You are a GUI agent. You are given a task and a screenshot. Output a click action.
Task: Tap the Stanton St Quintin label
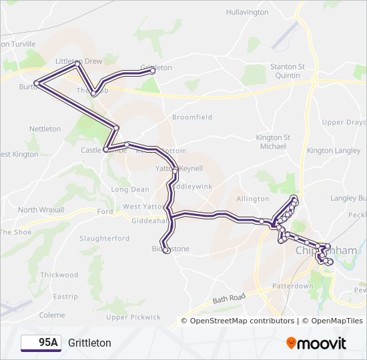287,71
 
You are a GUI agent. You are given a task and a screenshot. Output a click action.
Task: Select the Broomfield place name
192,117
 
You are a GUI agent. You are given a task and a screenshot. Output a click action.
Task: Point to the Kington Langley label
334,151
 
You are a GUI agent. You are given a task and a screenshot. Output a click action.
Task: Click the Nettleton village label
45,129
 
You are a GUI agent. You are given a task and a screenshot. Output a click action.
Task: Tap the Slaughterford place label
104,238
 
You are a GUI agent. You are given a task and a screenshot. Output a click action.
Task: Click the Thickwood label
59,275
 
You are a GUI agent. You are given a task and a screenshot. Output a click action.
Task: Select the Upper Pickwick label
133,317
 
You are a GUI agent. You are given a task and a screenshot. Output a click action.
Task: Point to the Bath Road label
230,301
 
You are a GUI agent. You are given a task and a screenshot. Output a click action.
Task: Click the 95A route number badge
41,343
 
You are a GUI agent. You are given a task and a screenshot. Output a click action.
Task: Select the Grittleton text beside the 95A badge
89,343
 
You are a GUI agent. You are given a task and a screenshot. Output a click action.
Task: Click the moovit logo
316,343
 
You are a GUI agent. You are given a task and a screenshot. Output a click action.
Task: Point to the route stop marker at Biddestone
165,242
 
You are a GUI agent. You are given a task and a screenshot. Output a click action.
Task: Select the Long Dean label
130,189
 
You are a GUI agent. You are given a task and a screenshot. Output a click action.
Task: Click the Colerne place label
52,315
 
